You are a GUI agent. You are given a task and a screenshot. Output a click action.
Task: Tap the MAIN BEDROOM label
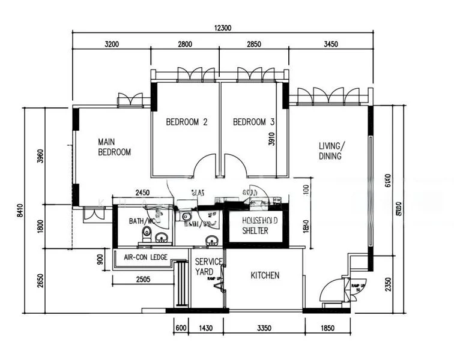[114, 147]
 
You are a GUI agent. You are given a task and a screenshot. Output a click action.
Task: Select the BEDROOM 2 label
[187, 122]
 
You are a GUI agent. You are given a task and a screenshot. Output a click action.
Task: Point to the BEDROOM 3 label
[253, 122]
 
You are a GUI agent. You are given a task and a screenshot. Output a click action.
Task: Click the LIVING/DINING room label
[331, 151]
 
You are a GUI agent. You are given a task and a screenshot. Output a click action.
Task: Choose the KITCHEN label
[265, 275]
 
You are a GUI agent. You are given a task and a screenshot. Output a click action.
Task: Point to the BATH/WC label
[142, 221]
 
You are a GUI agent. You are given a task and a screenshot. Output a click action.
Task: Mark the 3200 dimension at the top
[111, 44]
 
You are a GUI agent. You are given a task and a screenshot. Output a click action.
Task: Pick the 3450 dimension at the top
[331, 44]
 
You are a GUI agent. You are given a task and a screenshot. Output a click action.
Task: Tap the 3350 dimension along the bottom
[264, 328]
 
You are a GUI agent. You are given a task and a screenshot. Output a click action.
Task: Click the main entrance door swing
[330, 291]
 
